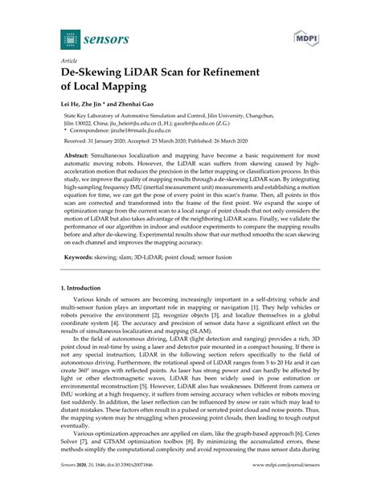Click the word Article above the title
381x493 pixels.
point(70,60)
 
